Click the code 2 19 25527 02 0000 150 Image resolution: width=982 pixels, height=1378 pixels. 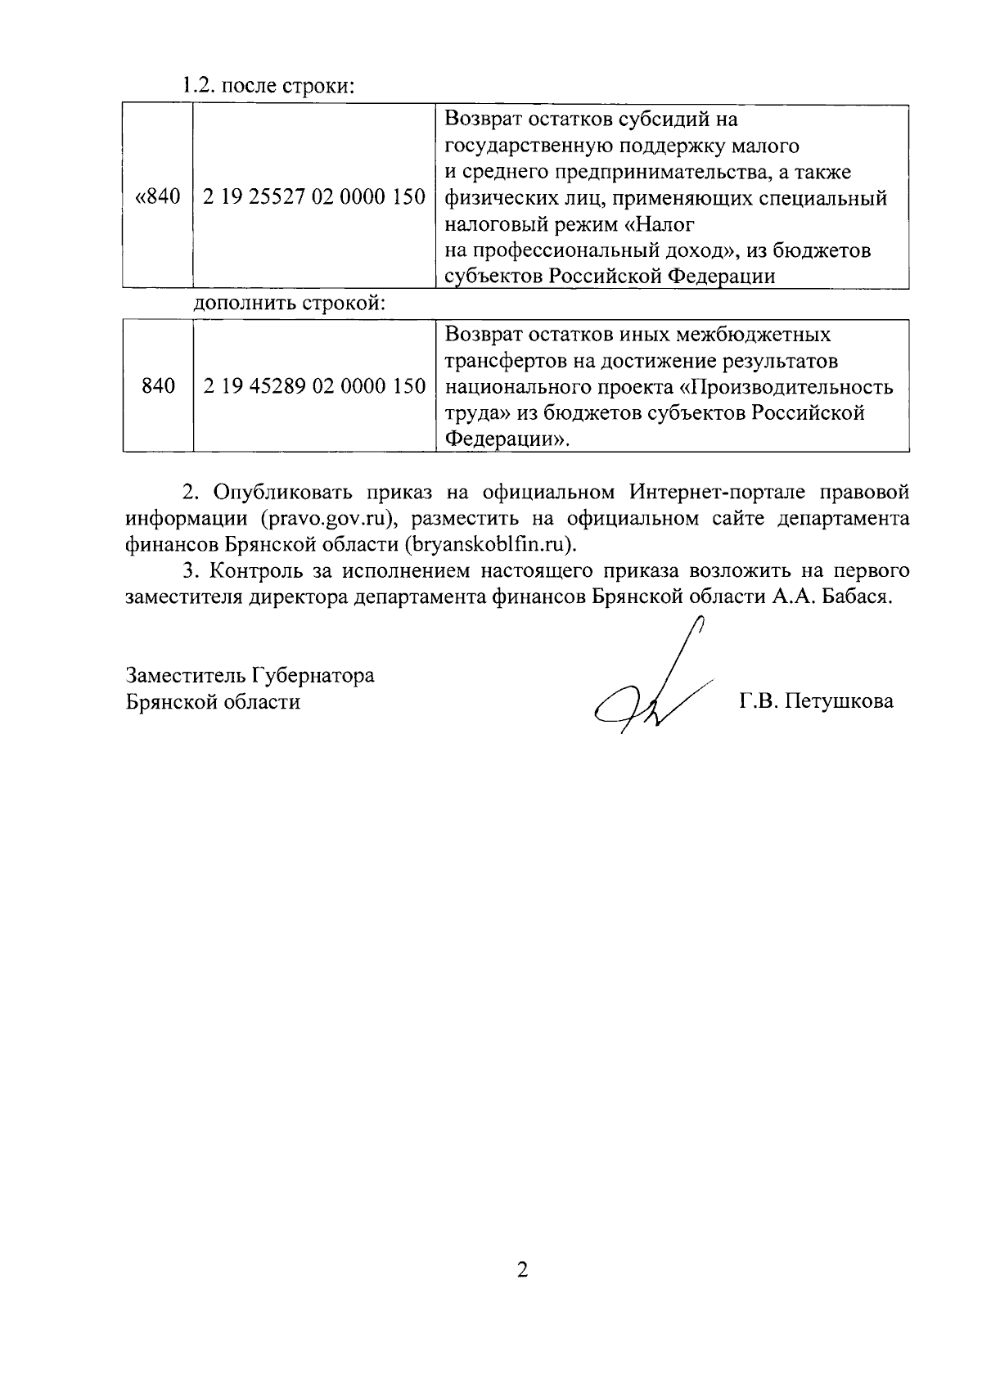(314, 197)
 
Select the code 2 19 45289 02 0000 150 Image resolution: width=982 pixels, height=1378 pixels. (314, 386)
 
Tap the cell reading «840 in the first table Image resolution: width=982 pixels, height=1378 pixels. (157, 197)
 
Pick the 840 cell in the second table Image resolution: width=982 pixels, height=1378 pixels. (158, 386)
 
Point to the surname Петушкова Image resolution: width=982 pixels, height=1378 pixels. (839, 701)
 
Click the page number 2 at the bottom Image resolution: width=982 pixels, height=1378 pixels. (522, 1270)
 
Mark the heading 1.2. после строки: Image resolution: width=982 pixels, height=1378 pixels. (268, 85)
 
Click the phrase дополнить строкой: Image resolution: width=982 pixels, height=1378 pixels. (289, 304)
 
